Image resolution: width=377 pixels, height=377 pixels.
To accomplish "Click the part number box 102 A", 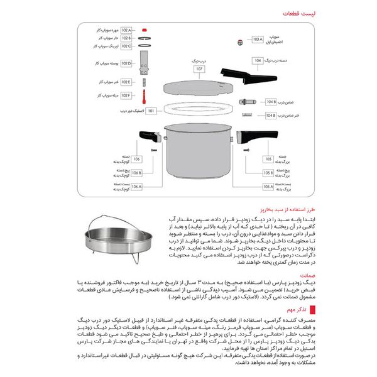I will coord(126,30).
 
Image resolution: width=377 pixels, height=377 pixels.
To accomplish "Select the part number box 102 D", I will coord(126,63).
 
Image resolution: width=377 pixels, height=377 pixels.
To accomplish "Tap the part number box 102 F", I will coord(126,95).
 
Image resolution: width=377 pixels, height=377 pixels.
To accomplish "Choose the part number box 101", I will coord(151,111).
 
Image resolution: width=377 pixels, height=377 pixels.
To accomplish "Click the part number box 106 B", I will coord(136,172).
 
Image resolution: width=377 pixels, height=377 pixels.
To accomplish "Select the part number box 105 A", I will coord(268,187).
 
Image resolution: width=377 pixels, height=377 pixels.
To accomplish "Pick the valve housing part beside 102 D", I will coord(145,64).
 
